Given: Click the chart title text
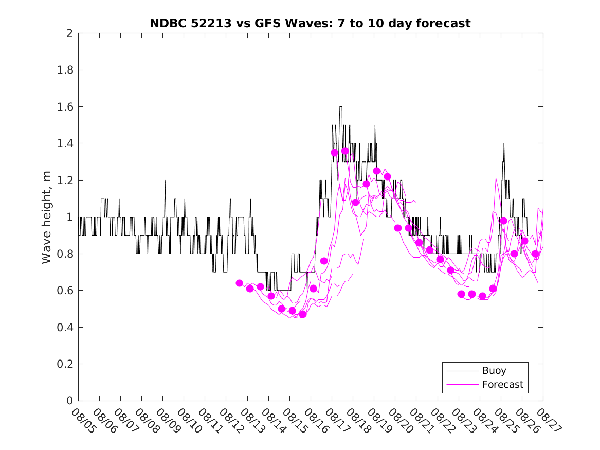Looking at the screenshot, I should click(310, 23).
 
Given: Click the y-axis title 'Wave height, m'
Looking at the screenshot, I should click(47, 218).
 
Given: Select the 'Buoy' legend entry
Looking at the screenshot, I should click(494, 370).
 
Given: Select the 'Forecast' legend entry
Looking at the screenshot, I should click(502, 384).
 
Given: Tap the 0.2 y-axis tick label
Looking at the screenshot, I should click(67, 364).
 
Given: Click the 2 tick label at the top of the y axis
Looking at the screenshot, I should click(70, 33).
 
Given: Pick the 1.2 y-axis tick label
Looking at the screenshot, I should click(67, 181).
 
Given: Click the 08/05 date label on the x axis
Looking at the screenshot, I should click(83, 421).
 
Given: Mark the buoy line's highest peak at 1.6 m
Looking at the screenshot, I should click(341, 107).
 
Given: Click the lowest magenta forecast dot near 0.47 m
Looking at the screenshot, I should click(302, 314).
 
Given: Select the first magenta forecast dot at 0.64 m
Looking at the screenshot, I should click(239, 283).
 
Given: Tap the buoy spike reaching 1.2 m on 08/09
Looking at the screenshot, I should click(165, 181).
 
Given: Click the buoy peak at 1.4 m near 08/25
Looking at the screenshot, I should click(504, 144).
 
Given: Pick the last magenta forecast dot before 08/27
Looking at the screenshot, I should click(535, 254).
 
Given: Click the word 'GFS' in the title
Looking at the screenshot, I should click(271, 23).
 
